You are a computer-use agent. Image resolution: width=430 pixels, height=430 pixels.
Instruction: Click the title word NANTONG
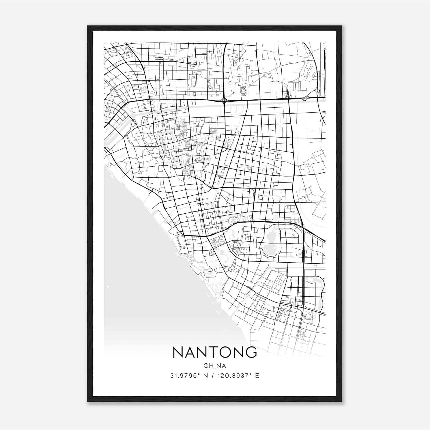click(x=215, y=352)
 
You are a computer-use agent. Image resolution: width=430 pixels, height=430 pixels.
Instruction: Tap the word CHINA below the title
click(x=215, y=366)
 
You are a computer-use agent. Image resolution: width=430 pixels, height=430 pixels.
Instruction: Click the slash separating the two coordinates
click(x=212, y=376)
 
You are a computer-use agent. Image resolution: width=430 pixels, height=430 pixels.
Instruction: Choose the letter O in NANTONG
click(x=225, y=352)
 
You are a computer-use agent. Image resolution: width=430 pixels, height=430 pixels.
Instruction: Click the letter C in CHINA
click(x=206, y=366)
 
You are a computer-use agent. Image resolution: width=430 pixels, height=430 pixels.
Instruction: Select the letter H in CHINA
click(x=210, y=366)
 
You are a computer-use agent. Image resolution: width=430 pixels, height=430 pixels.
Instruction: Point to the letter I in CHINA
click(x=214, y=366)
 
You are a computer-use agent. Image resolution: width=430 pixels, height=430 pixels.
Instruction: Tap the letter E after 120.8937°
click(x=257, y=376)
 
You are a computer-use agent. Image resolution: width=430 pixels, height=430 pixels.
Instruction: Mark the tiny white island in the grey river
click(x=108, y=287)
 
